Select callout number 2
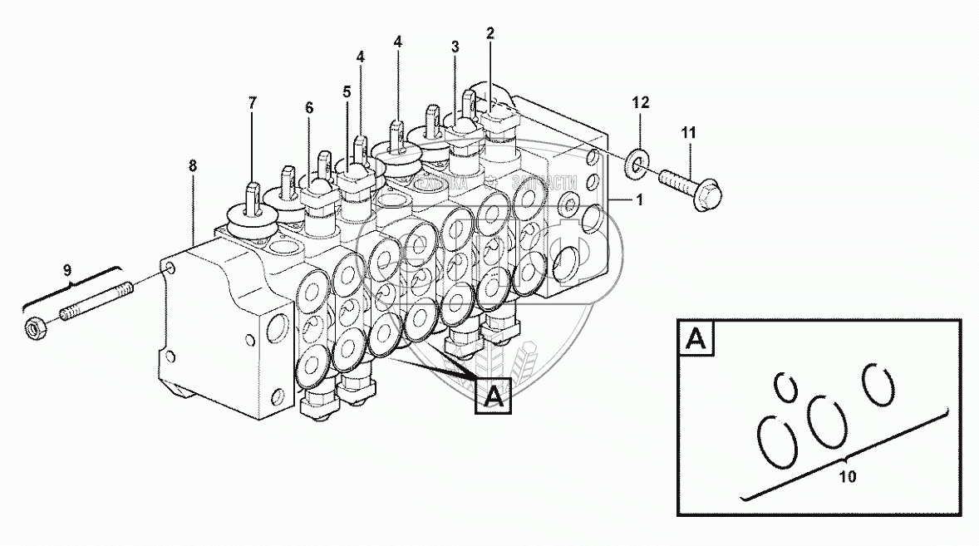point(490,34)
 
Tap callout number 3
point(455,47)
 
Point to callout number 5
point(347,92)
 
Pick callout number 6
point(309,108)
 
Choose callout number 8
point(193,166)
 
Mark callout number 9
point(68,270)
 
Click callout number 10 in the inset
point(847,477)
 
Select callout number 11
point(689,132)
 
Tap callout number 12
point(640,103)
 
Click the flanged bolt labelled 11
point(691,188)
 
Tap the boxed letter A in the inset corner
point(696,339)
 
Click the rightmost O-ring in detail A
point(878,383)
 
